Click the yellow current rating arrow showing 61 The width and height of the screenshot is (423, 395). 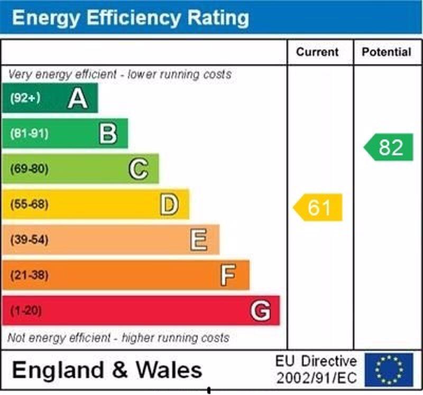[x=318, y=208]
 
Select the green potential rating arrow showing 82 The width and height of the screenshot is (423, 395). [x=389, y=147]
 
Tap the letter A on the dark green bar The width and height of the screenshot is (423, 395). [x=77, y=99]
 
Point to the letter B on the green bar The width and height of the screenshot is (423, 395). [x=108, y=134]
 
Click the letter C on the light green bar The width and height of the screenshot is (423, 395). [x=138, y=170]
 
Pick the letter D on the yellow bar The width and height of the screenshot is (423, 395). [x=169, y=204]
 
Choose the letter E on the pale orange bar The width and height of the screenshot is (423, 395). [x=199, y=240]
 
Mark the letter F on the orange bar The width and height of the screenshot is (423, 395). [x=228, y=275]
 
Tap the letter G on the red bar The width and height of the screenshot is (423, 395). [x=260, y=311]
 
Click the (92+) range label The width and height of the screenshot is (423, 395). [x=25, y=98]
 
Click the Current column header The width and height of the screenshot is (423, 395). [x=317, y=52]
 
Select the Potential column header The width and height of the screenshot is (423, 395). [x=387, y=52]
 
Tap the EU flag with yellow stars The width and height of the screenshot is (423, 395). [x=389, y=370]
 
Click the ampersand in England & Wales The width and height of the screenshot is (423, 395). [x=120, y=370]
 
